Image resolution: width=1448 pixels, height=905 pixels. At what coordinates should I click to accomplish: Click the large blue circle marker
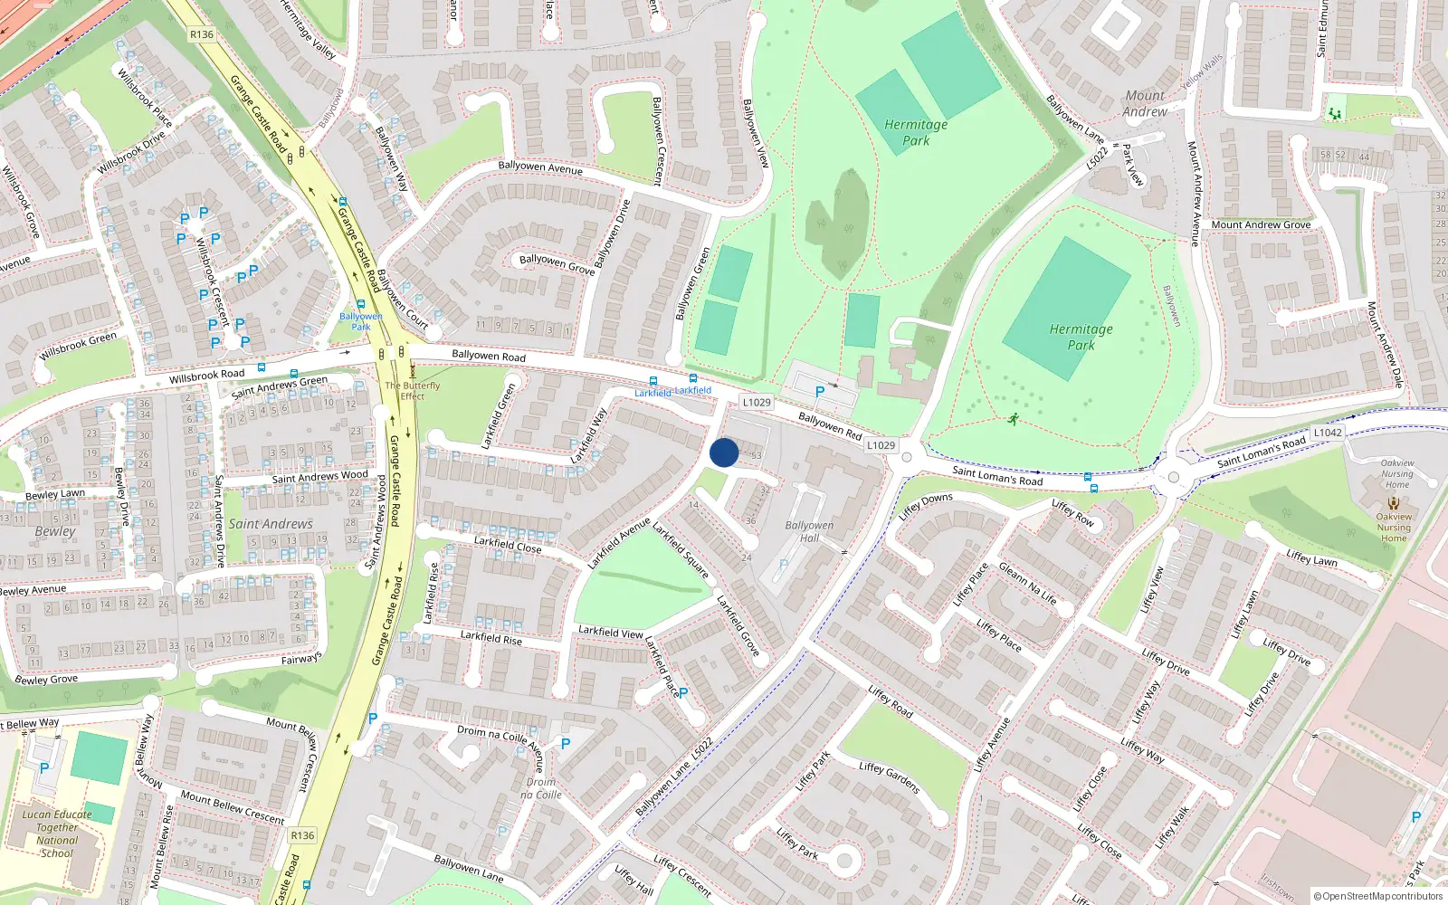pyautogui.click(x=724, y=452)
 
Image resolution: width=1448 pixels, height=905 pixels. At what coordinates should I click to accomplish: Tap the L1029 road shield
pyautogui.click(x=757, y=403)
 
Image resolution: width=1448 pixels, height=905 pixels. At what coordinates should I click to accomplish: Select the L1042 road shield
pyautogui.click(x=1328, y=433)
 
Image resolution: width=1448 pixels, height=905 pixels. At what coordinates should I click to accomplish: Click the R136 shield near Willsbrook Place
pyautogui.click(x=202, y=34)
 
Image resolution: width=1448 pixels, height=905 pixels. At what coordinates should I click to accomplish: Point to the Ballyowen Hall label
pyautogui.click(x=809, y=531)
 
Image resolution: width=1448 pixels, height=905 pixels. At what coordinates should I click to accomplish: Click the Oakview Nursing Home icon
pyautogui.click(x=1395, y=502)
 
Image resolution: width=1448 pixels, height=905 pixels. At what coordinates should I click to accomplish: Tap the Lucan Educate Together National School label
pyautogui.click(x=57, y=834)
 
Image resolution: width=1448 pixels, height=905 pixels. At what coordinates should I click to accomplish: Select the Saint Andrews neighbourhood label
pyautogui.click(x=271, y=524)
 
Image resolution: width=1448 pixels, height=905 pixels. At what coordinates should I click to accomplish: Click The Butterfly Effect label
pyautogui.click(x=413, y=391)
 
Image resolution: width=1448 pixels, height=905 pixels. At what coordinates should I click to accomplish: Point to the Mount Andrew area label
pyautogui.click(x=1145, y=103)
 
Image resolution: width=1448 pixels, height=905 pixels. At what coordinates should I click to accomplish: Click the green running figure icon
pyautogui.click(x=1013, y=419)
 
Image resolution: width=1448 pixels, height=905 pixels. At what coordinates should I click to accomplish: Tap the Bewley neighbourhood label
pyautogui.click(x=55, y=531)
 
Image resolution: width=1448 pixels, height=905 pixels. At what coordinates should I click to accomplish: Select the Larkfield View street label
pyautogui.click(x=611, y=632)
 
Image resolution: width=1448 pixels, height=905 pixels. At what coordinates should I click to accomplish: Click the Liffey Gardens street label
pyautogui.click(x=890, y=777)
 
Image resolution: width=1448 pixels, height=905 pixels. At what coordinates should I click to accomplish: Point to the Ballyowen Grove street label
pyautogui.click(x=557, y=263)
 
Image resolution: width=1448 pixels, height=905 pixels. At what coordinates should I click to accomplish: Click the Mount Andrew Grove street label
pyautogui.click(x=1261, y=224)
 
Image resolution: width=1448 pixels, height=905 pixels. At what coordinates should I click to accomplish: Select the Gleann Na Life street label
pyautogui.click(x=1027, y=583)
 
